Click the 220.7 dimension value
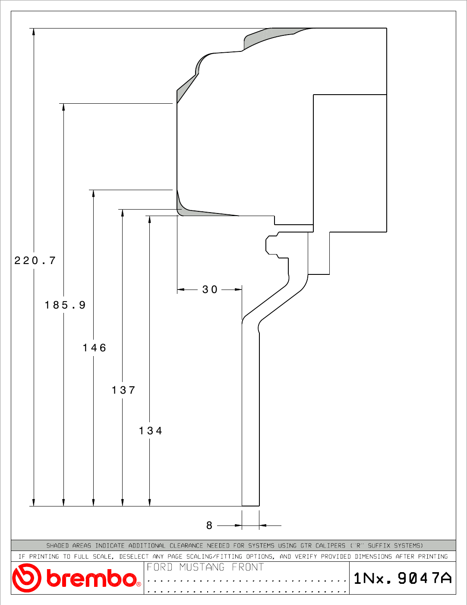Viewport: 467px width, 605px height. tap(35, 261)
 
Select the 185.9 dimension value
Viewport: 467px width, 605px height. tap(65, 305)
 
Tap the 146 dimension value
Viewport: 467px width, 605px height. tap(95, 348)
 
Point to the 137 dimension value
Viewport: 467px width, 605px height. tap(123, 390)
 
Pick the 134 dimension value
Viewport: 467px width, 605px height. tap(150, 431)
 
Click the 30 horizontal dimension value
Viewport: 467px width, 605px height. tap(210, 290)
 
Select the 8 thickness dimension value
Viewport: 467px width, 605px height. tap(209, 525)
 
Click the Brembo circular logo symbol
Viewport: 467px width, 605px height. tap(26, 578)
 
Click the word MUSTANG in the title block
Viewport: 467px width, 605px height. tap(202, 567)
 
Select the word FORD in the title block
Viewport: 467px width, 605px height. tap(160, 567)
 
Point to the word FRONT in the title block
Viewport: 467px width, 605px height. tap(248, 567)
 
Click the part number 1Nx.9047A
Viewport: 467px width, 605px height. tap(403, 578)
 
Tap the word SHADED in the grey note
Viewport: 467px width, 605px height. tap(57, 546)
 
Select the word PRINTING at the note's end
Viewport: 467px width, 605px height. tap(433, 557)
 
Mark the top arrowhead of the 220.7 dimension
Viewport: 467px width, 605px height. tap(34, 32)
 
